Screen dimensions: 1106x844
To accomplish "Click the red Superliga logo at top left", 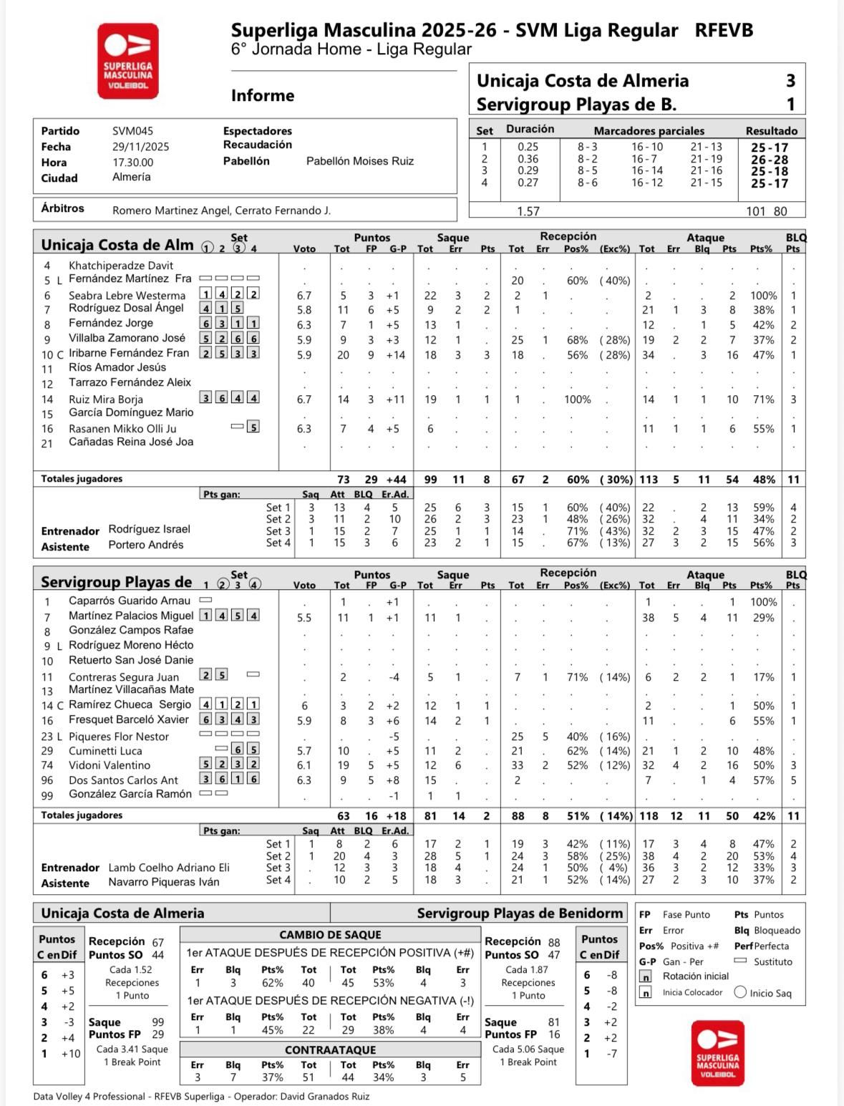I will tap(127, 61).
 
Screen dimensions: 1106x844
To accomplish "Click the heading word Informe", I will tap(263, 96).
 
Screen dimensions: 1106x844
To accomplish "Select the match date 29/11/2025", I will tap(140, 147).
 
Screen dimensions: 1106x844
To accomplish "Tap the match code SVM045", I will tap(132, 131).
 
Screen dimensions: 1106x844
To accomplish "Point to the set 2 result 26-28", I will tap(770, 160).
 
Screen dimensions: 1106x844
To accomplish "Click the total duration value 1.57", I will tap(528, 211).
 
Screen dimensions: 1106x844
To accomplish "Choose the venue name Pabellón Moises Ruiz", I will tap(359, 161).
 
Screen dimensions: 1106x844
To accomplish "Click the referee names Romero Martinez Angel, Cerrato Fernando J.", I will tap(221, 210).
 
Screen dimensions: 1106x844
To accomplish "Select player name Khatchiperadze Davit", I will tap(121, 266).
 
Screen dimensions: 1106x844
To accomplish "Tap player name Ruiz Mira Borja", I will tap(105, 399).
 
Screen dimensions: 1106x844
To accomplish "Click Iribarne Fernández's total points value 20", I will tap(343, 355).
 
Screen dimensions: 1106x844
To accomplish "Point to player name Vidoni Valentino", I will tap(110, 765).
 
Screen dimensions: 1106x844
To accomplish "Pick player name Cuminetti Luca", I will tap(105, 751).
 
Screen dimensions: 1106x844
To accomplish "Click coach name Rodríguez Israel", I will tap(149, 529).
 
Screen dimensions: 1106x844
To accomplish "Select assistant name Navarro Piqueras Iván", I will tap(163, 882).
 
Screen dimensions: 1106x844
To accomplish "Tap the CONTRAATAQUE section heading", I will tap(330, 1049).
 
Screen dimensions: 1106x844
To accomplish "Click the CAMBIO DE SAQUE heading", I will tap(330, 935).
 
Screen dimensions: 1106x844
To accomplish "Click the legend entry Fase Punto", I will tap(686, 915).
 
